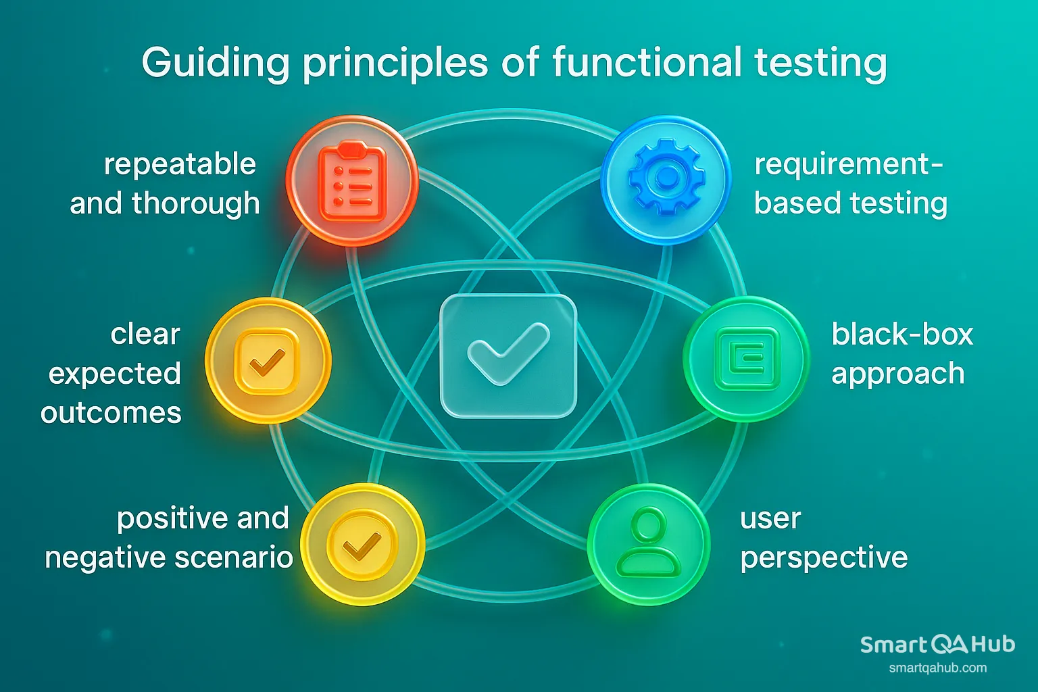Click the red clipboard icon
pyautogui.click(x=352, y=181)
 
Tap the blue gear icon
pyautogui.click(x=666, y=178)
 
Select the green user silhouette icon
pyautogui.click(x=649, y=544)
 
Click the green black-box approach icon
pyautogui.click(x=746, y=359)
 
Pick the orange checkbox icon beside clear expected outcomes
pyautogui.click(x=268, y=361)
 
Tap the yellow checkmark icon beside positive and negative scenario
pyautogui.click(x=362, y=544)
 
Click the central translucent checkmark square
pyautogui.click(x=508, y=355)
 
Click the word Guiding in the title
pyautogui.click(x=216, y=64)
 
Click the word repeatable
pyautogui.click(x=180, y=164)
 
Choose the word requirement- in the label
pyautogui.click(x=848, y=165)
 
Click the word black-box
pyautogui.click(x=902, y=334)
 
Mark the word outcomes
pyautogui.click(x=112, y=412)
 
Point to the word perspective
pyautogui.click(x=824, y=558)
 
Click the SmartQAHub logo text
pyautogui.click(x=937, y=645)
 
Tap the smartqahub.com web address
pyautogui.click(x=937, y=668)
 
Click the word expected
pyautogui.click(x=115, y=374)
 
